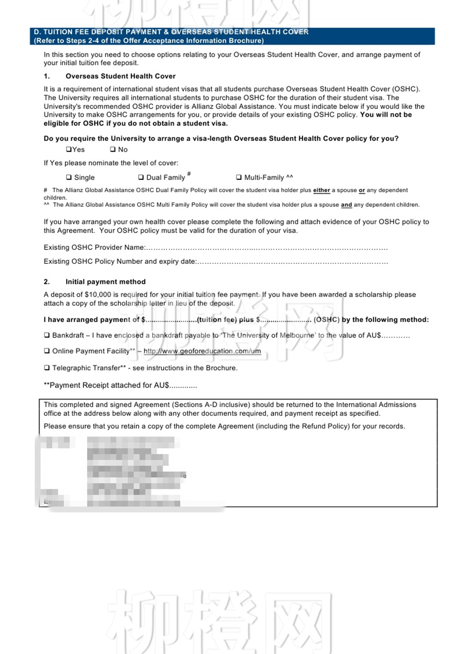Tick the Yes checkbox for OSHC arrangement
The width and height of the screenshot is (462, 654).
[69, 149]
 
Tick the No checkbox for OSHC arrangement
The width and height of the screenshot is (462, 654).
[113, 149]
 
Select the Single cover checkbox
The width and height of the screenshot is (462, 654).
[69, 177]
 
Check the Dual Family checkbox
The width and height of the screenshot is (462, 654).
[141, 177]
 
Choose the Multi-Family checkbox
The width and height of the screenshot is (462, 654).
[239, 177]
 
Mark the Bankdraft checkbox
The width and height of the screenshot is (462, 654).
[47, 335]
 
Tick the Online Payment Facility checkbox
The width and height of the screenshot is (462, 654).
[47, 351]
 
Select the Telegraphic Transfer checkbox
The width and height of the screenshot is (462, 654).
[47, 368]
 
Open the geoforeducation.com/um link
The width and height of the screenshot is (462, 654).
[202, 351]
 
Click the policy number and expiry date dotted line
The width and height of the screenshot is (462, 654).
[292, 262]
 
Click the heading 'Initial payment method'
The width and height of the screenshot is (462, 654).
[105, 282]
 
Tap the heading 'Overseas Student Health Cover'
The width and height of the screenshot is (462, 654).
[120, 76]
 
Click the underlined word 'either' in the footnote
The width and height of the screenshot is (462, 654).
[321, 190]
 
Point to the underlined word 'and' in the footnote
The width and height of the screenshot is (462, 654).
[346, 205]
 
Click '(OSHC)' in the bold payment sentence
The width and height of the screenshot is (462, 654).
[326, 320]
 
